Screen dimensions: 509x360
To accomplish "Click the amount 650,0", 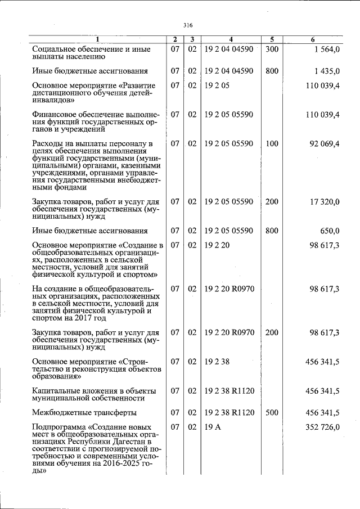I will pyautogui.click(x=329, y=231).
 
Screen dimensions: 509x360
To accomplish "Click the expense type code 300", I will pyautogui.click(x=272, y=49).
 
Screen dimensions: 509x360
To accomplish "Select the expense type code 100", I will pyautogui.click(x=272, y=143).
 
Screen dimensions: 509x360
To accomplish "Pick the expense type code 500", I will pyautogui.click(x=272, y=412).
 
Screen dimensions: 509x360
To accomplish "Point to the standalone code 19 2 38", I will pyautogui.click(x=217, y=361).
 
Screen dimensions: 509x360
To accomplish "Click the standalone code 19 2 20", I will pyautogui.click(x=217, y=245).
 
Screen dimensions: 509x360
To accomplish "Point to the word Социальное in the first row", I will pyautogui.click(x=57, y=49).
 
